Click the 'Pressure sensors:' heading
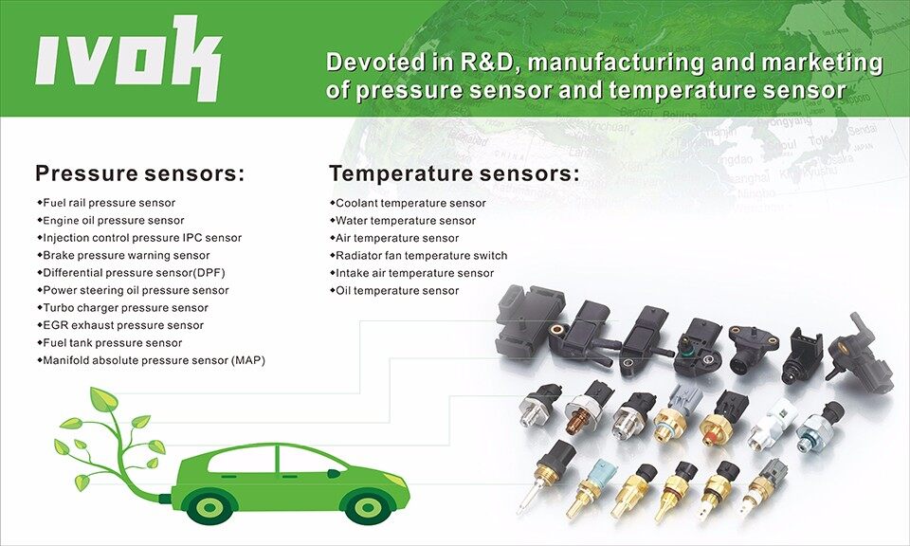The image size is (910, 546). (140, 173)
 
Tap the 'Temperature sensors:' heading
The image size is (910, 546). (454, 173)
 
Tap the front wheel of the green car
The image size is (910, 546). (367, 507)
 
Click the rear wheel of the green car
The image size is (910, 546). (209, 506)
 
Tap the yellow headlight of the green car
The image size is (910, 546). (394, 480)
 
